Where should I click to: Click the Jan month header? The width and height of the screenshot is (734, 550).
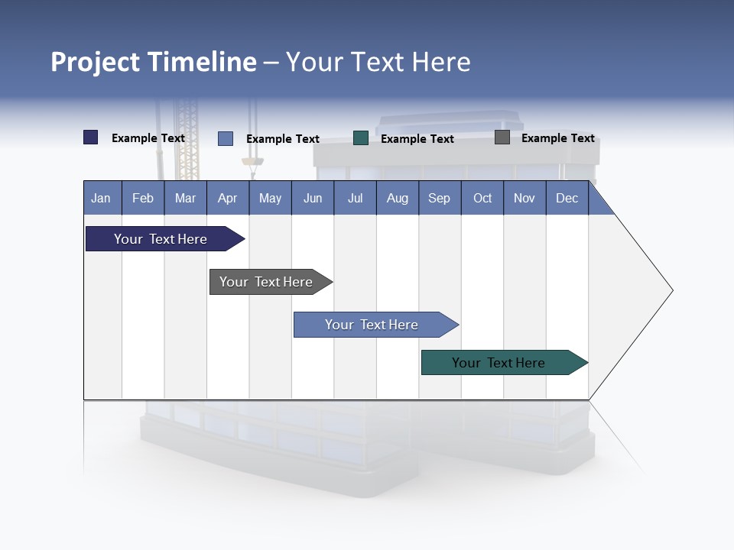[101, 198]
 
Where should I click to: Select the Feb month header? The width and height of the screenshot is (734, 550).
[143, 198]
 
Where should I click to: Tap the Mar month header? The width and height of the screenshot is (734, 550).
[185, 198]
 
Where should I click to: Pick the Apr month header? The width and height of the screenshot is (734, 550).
[227, 198]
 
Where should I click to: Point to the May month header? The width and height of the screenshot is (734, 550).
[270, 198]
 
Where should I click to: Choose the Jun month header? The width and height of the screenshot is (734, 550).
[313, 198]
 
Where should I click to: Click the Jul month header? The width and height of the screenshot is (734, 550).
[355, 198]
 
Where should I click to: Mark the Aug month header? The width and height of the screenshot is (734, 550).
[397, 198]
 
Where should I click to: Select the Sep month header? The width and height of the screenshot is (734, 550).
[439, 198]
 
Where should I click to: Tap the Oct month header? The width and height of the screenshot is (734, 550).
[482, 198]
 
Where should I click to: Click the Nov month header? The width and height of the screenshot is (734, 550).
[525, 198]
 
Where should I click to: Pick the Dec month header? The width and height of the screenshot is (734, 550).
[567, 198]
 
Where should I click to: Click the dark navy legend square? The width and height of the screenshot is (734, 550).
[90, 137]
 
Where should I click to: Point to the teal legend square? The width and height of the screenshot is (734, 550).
[361, 137]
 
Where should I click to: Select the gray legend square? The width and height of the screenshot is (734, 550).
[502, 137]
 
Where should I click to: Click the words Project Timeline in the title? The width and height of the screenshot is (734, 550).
[154, 62]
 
